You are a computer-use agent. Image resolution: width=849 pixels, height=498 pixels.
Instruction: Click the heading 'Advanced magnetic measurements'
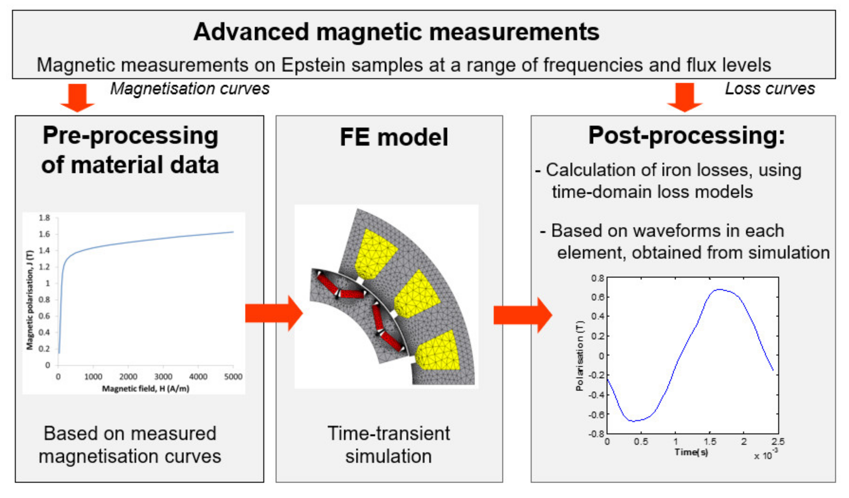tap(396, 32)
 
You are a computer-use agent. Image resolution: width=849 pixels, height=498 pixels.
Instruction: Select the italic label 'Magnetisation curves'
tap(190, 89)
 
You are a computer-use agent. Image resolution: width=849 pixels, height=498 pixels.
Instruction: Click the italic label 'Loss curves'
tap(770, 89)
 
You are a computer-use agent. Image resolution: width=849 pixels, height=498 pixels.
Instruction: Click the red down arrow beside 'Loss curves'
tap(685, 97)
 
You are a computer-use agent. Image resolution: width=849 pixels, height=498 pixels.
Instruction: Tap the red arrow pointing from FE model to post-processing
tap(522, 315)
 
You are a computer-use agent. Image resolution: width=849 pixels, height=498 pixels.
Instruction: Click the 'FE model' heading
tap(394, 137)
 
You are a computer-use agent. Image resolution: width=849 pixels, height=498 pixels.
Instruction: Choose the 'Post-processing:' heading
tap(686, 136)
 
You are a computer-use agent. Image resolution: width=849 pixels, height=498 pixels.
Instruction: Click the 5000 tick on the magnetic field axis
tap(233, 377)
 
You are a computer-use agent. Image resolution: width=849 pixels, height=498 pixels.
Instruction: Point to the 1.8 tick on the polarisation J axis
tap(44, 218)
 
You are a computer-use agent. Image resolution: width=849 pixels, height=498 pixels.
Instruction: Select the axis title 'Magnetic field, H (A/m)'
tap(146, 389)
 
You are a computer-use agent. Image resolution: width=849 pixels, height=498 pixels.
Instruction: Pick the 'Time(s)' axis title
tap(691, 452)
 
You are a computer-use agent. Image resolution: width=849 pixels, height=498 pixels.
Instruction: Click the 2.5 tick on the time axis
tap(778, 442)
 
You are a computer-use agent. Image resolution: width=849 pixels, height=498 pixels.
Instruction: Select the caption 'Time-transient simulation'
tap(388, 445)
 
